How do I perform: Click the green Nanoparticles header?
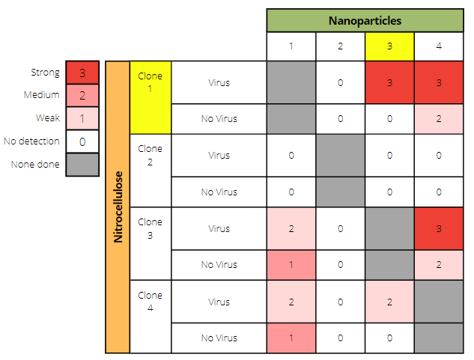coord(365,20)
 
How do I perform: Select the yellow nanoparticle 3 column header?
coord(389,46)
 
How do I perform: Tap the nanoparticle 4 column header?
coord(439,46)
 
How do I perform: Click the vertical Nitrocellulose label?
coord(118,207)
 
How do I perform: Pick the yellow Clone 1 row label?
coord(151,97)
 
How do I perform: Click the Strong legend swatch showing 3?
coord(82,73)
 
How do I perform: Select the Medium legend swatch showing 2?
coord(82,96)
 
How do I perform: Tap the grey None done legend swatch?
coord(82,165)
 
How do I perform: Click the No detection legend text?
coord(31,141)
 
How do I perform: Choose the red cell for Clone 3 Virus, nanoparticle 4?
coord(439,228)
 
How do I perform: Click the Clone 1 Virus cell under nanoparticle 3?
coord(389,82)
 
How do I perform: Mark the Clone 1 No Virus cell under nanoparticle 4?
coord(439,119)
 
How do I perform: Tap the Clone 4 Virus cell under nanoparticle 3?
coord(389,302)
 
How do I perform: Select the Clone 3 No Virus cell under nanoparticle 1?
coord(291,265)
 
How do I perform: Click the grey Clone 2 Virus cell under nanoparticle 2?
coord(341,156)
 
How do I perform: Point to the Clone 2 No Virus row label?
coord(219,192)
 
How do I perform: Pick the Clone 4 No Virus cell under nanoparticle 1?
coord(291,338)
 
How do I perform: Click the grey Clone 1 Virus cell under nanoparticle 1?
coord(291,82)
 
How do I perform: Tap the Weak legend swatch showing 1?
coord(82,118)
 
